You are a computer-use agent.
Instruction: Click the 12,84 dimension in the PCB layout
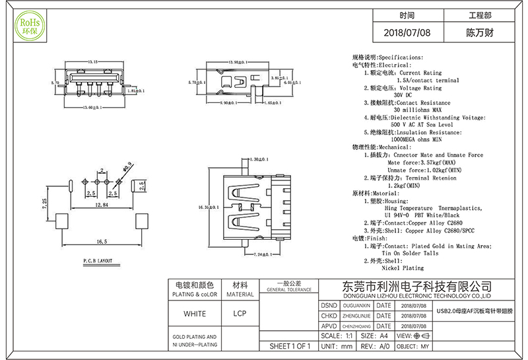tap(102, 206)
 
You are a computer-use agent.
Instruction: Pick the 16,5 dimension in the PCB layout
tap(102, 242)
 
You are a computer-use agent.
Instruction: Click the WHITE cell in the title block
tap(195, 313)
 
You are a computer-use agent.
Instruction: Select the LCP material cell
tap(240, 313)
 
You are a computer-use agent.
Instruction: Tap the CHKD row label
tap(329, 316)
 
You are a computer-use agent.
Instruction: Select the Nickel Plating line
tap(403, 268)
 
